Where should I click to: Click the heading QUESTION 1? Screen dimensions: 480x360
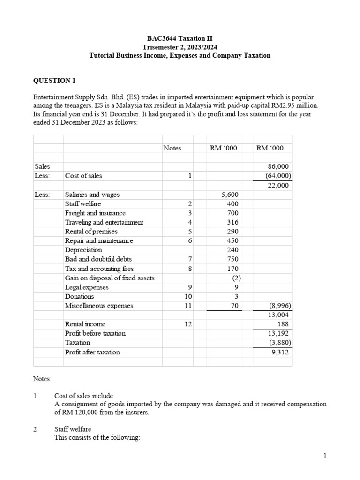point(54,81)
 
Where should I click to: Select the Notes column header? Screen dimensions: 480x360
point(172,148)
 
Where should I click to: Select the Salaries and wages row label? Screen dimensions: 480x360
point(92,195)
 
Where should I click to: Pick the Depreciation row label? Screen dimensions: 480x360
point(83,250)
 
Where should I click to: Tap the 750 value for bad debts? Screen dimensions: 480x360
point(232,259)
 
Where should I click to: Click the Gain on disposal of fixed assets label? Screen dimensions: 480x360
point(110,278)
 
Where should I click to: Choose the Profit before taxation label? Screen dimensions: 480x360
point(95,333)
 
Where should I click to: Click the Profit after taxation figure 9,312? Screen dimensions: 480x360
point(281,352)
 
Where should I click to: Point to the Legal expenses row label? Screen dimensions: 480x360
point(87,287)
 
